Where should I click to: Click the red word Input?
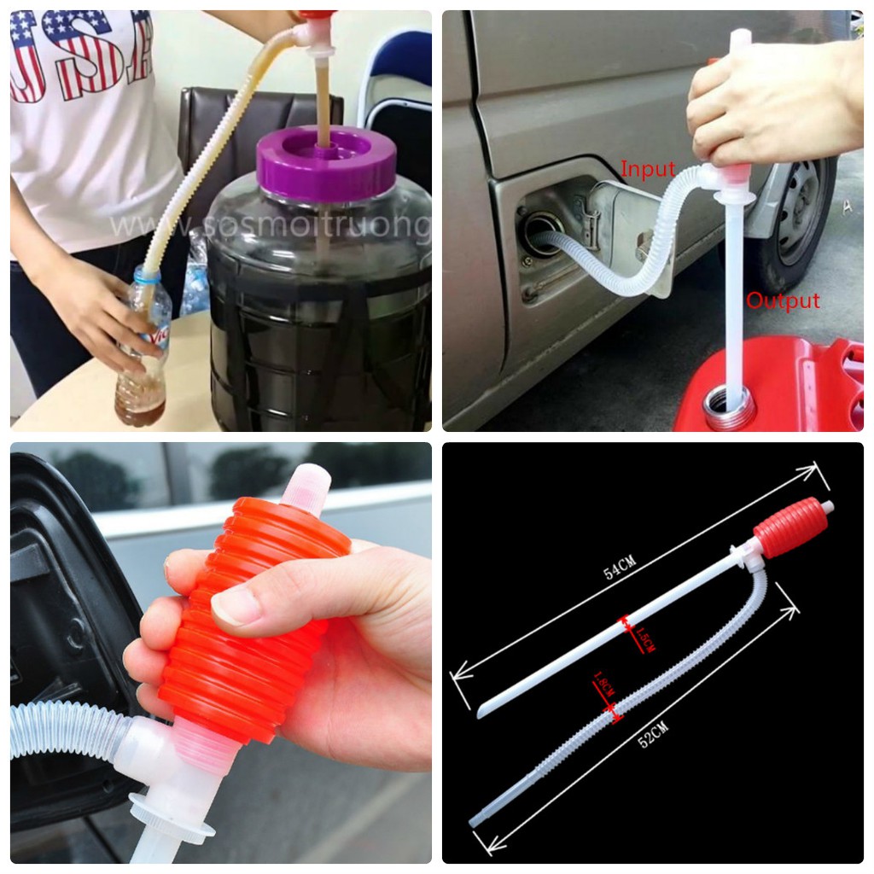click(648, 170)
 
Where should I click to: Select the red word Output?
click(783, 301)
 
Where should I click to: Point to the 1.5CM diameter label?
click(645, 638)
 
